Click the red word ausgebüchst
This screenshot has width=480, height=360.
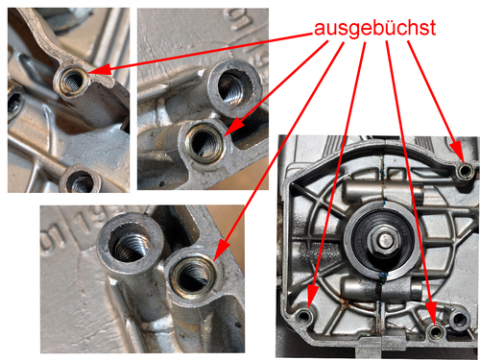(x=374, y=29)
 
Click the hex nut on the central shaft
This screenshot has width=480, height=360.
(x=384, y=239)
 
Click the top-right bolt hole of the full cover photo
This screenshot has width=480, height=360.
(x=465, y=171)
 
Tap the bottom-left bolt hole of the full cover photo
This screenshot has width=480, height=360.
(x=304, y=317)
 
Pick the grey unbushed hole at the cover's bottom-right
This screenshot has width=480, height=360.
(x=460, y=319)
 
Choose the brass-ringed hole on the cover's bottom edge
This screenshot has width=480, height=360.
(x=436, y=331)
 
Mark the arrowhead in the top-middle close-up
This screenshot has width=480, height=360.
(x=233, y=127)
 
